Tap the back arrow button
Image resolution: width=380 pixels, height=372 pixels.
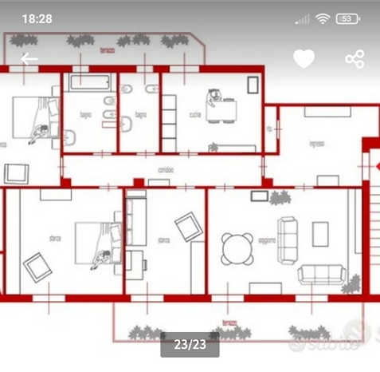[29, 59]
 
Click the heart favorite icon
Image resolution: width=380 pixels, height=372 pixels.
[304, 58]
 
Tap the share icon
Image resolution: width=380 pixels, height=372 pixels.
[355, 59]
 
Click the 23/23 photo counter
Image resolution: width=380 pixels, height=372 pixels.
[190, 344]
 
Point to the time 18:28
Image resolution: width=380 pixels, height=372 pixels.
[37, 18]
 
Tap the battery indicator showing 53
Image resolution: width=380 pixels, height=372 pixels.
[347, 18]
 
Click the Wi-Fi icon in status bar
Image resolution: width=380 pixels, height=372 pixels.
[323, 18]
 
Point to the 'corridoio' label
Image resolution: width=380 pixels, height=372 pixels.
[165, 169]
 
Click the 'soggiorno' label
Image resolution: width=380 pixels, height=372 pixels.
[267, 240]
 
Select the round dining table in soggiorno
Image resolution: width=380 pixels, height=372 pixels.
[236, 247]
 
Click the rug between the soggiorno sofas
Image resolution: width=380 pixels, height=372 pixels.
[320, 235]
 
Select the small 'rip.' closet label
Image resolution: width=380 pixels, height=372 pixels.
[270, 128]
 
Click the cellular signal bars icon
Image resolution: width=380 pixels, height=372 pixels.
[303, 18]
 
